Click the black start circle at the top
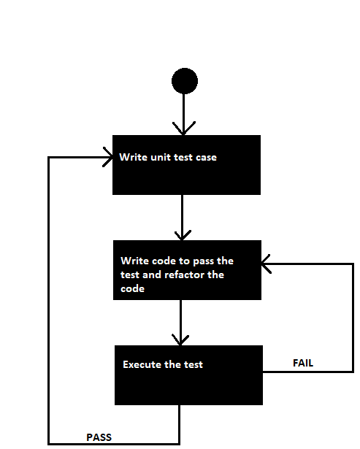184,80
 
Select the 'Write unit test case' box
186,165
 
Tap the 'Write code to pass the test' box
187,269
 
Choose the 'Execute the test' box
188,375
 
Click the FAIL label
304,362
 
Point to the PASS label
99,437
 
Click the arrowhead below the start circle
184,128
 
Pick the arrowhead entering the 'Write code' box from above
181,234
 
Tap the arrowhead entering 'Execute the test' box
180,339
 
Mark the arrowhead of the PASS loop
107,158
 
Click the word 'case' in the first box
206,157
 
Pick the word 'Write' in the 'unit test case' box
133,157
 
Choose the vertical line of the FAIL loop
353,318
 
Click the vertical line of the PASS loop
49,299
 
